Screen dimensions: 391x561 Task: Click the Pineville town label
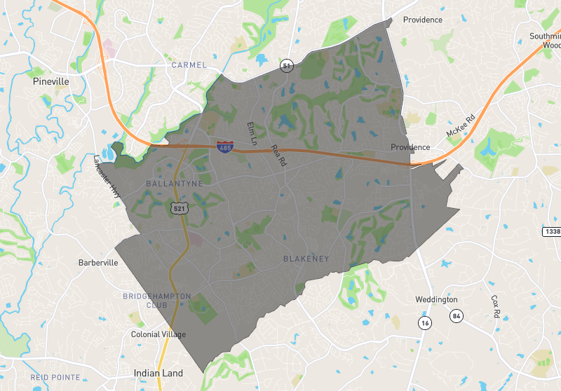pos(51,81)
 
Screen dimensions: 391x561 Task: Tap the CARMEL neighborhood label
pos(189,65)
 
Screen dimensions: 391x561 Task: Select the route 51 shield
pos(286,65)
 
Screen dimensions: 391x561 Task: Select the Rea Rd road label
pos(278,156)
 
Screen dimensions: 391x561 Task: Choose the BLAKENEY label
pos(306,259)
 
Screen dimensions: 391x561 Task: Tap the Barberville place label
pos(98,263)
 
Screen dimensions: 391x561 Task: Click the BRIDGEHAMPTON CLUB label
pos(156,301)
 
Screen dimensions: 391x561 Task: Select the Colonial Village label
pos(158,334)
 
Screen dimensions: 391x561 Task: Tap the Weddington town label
pos(436,299)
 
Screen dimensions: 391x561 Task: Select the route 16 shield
pos(424,322)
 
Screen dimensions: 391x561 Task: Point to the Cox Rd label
pos(495,306)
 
